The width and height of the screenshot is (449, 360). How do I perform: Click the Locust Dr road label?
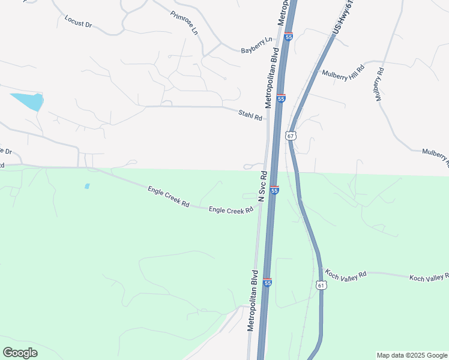[78, 22]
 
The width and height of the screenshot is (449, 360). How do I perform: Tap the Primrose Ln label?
[184, 23]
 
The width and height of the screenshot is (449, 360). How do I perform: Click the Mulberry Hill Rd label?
[343, 73]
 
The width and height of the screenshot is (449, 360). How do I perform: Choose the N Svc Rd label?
[263, 186]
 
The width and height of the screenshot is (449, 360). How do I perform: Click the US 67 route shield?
[291, 136]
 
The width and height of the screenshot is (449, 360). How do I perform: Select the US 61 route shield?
[321, 286]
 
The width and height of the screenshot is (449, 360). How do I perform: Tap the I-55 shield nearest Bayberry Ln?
[289, 37]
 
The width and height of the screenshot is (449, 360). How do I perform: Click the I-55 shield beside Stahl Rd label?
[281, 98]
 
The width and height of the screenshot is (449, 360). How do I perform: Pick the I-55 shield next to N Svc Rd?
[274, 190]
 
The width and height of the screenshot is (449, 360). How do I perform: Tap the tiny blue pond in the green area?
[87, 187]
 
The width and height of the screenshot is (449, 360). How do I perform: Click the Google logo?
[20, 353]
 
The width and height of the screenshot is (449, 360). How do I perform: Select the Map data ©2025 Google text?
[411, 355]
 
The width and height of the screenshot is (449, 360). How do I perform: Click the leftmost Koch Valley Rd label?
[346, 275]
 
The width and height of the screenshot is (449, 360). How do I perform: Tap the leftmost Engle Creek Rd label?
[169, 197]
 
